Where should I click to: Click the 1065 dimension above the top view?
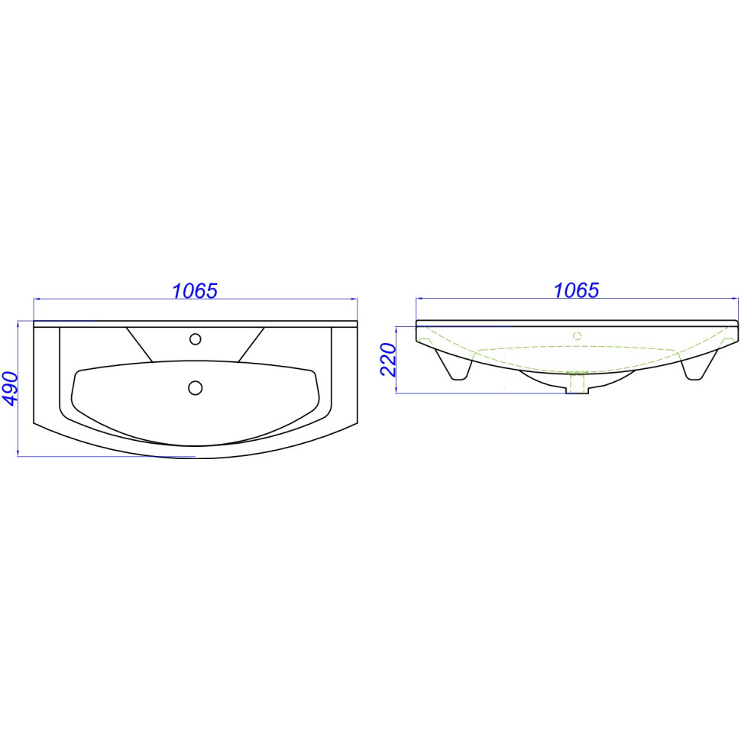195,290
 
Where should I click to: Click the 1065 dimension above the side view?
576,290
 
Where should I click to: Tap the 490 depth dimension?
11,389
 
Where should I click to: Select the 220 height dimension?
388,360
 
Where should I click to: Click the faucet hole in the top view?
195,339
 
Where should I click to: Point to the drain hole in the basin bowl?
195,388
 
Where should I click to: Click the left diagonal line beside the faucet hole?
139,345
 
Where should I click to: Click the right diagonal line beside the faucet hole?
251,345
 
